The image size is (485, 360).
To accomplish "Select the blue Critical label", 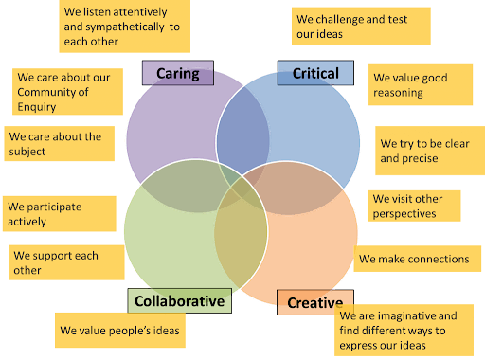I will (x=314, y=73).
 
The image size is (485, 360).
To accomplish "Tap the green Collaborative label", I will (x=179, y=301).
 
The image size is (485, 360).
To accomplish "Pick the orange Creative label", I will (x=314, y=303).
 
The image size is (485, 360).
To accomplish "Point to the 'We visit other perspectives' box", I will (x=413, y=207).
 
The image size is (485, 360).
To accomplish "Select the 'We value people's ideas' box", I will (x=118, y=331).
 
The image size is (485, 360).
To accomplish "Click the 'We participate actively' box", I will (x=59, y=213).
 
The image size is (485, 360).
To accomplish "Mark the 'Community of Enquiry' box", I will (x=67, y=92).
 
